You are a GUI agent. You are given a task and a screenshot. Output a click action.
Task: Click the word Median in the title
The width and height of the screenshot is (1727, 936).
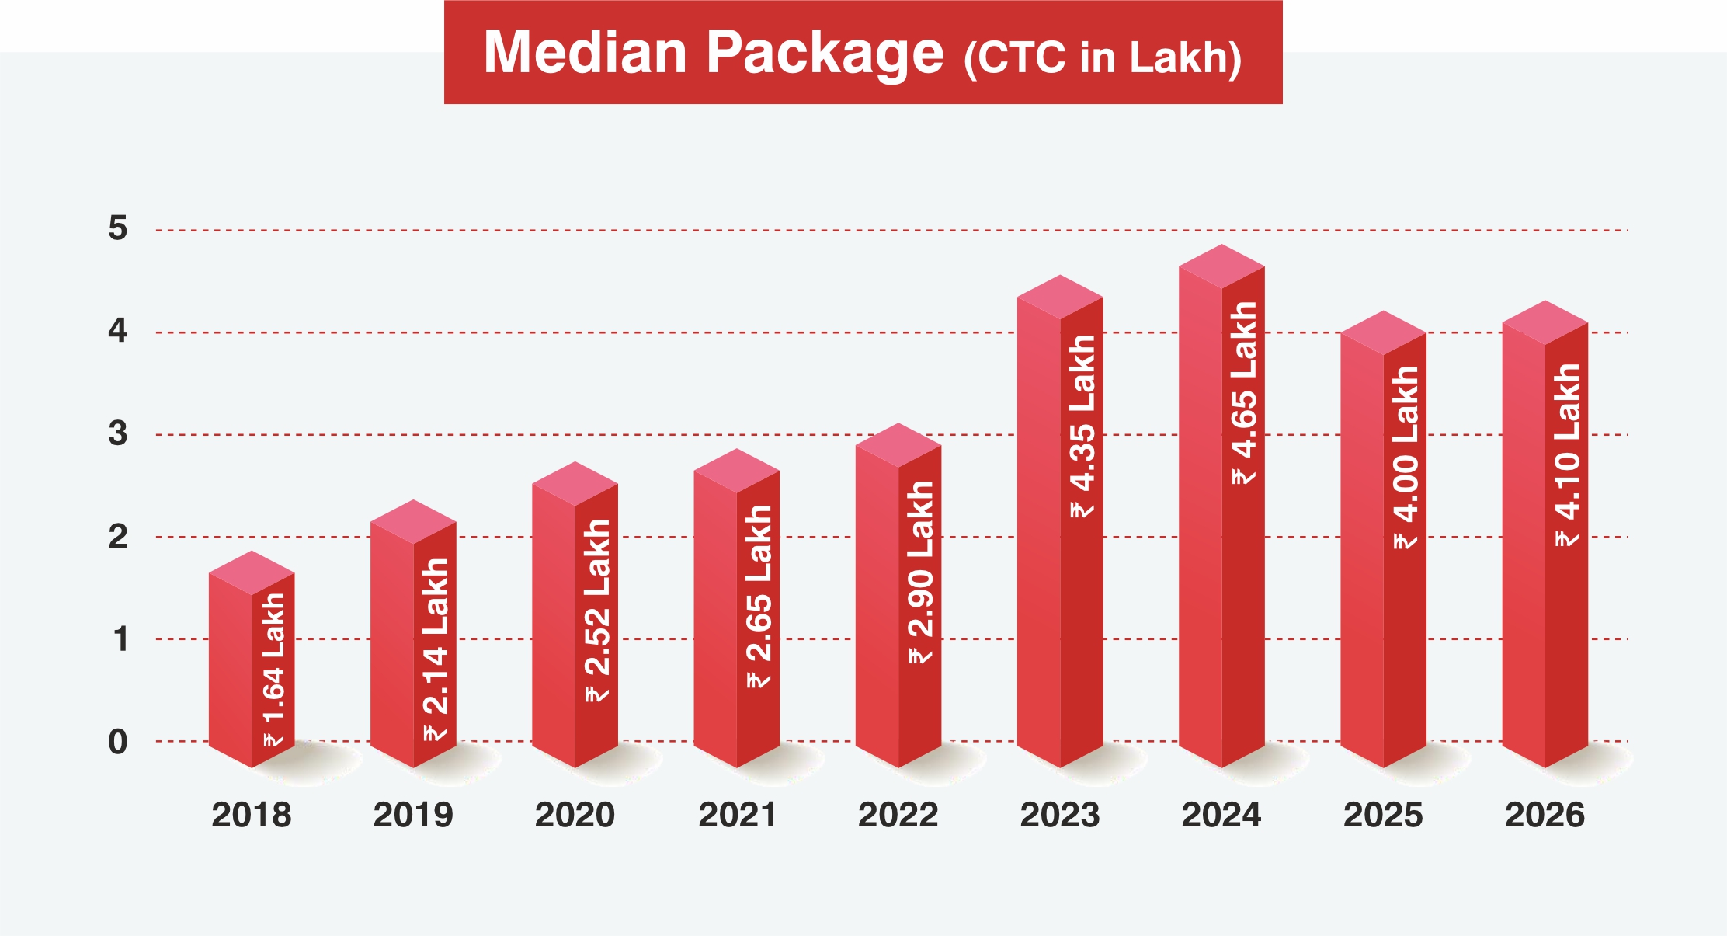(585, 53)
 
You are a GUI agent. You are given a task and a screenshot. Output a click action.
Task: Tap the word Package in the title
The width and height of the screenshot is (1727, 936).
(825, 53)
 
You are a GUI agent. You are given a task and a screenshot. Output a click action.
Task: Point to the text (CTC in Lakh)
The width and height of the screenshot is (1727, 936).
(1102, 57)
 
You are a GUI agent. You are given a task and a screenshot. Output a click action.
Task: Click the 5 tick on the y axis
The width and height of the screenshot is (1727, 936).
(117, 228)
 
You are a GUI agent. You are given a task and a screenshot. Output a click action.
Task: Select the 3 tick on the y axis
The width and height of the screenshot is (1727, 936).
(117, 433)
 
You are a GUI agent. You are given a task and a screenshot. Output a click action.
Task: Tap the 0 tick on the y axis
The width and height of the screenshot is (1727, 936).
(117, 742)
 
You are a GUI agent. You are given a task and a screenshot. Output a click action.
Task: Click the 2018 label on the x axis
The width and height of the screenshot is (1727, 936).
(251, 815)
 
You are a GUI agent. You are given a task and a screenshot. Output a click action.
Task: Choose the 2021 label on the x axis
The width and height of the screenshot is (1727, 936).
(737, 815)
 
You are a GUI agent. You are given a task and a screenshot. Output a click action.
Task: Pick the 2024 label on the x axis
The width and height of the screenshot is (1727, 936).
(1221, 815)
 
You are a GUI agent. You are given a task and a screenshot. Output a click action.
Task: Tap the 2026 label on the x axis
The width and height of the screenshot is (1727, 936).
(1545, 815)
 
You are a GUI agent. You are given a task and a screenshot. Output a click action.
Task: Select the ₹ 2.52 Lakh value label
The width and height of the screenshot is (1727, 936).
(596, 611)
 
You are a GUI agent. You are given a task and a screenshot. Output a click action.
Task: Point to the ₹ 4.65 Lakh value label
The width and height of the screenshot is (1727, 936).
(1243, 393)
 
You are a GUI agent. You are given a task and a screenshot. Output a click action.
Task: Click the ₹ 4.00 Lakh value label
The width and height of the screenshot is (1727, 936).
(1406, 458)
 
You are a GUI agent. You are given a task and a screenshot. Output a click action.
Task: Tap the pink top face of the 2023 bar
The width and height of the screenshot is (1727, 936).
(1060, 297)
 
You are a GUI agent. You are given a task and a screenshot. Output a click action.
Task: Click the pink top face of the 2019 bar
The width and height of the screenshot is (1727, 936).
(413, 521)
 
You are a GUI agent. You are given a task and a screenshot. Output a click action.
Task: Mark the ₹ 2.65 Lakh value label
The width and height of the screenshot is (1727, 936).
(759, 597)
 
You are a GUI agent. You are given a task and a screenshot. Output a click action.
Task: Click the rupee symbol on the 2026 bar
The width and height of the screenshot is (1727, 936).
(1567, 538)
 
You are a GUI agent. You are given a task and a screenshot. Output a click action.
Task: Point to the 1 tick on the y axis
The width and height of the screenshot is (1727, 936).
(120, 639)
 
